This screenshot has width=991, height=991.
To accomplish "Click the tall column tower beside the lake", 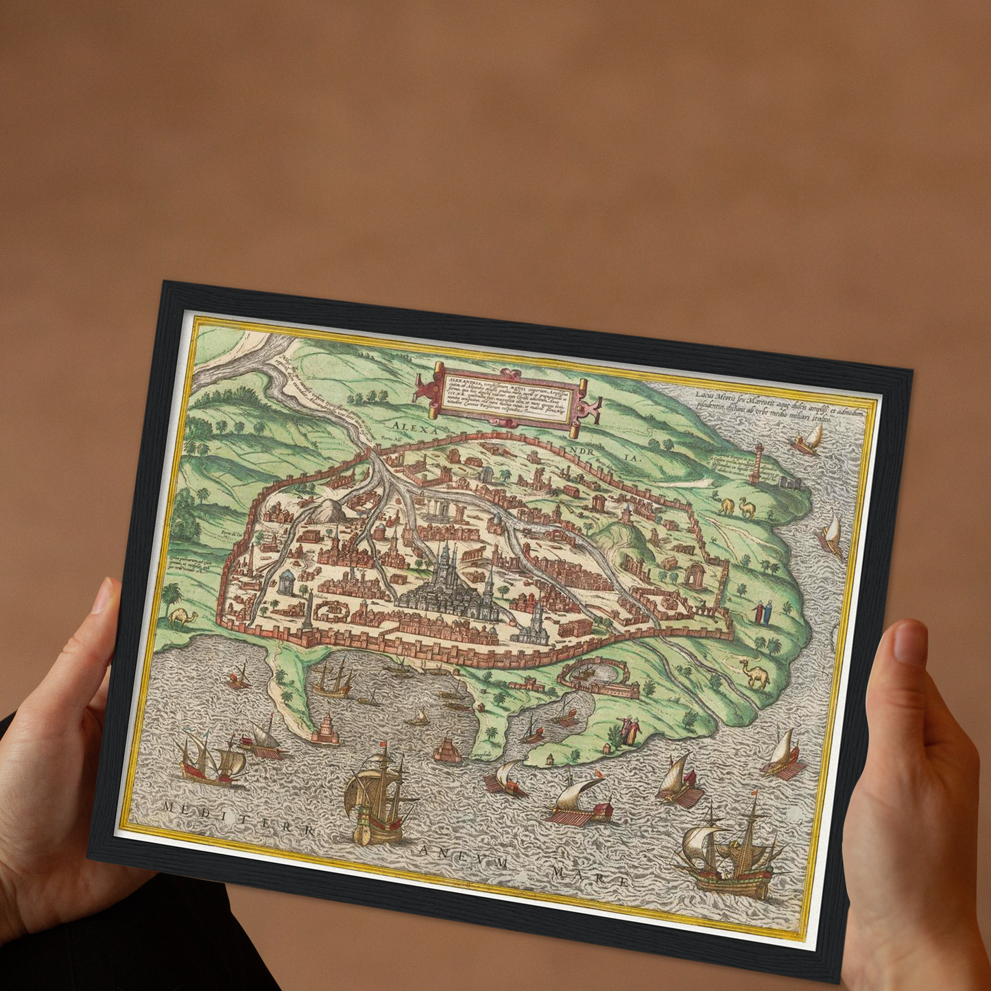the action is click(758, 464).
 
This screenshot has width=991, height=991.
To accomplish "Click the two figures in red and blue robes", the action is click(763, 612).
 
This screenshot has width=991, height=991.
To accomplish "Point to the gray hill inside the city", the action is click(331, 510).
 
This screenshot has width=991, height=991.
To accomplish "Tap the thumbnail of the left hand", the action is click(103, 595).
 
